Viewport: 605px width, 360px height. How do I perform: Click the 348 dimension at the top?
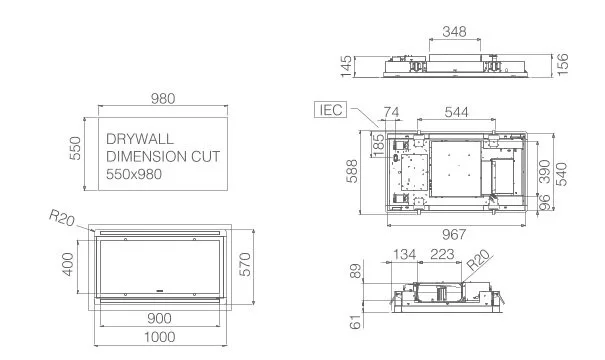tap(455, 31)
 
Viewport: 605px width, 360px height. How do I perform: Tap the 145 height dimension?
tap(346, 66)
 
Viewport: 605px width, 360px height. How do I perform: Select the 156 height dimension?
tap(563, 64)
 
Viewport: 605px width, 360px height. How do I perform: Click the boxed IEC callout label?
tap(331, 110)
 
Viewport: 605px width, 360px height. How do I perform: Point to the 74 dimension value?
tap(391, 112)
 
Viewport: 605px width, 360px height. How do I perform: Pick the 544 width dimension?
tap(456, 112)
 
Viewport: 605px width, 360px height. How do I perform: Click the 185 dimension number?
tap(379, 145)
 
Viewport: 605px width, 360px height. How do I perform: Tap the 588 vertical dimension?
tap(352, 171)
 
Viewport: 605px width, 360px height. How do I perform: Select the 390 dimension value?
tap(544, 171)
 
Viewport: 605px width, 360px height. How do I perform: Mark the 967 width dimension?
tap(454, 234)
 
